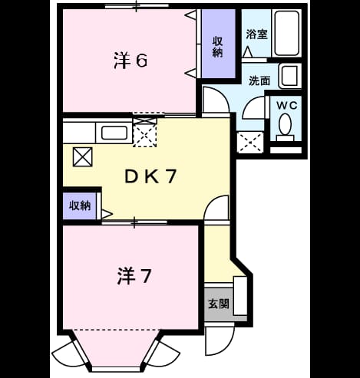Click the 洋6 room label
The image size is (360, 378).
pos(130,61)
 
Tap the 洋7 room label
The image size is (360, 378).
pos(134,276)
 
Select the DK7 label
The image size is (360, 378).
pos(150,176)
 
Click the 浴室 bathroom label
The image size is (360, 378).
pos(256,34)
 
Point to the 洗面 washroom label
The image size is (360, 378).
pos(259,81)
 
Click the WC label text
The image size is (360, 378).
pos(287,105)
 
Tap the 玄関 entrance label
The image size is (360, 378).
pos(218,304)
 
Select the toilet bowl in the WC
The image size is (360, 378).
pos(285,124)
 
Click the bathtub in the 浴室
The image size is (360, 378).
pos(286,33)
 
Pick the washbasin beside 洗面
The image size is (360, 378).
pos(290,76)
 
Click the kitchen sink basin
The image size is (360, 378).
pos(114,133)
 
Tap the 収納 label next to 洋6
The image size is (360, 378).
pos(218,47)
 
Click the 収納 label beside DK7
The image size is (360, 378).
pos(80,205)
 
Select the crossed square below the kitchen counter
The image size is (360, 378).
pos(82,157)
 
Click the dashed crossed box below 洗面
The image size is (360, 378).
pos(250,143)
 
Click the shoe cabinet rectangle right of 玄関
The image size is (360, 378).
pos(240,296)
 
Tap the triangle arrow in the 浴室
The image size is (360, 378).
pos(247,52)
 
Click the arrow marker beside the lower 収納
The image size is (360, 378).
pos(107,214)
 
